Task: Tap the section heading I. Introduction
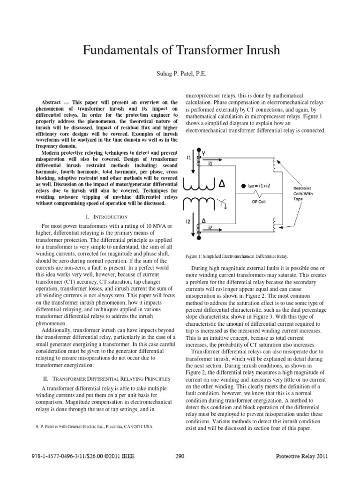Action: point(107,217)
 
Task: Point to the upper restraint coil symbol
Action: point(273,167)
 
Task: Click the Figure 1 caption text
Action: point(236,256)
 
